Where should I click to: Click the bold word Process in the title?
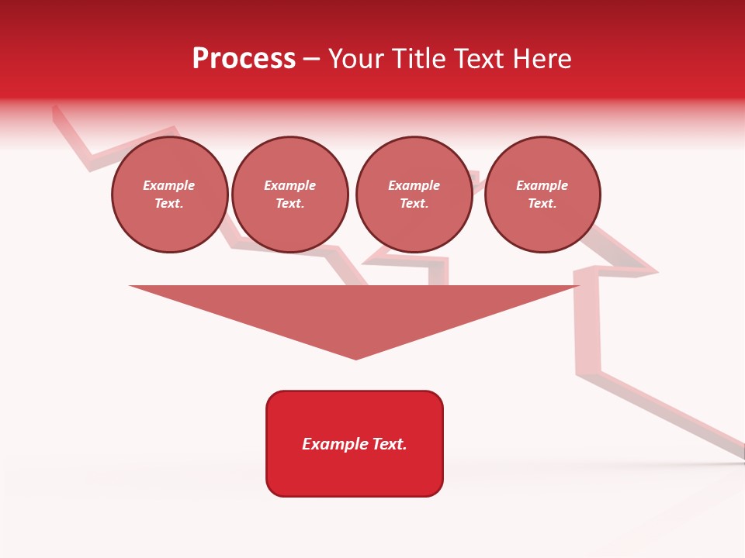click(244, 59)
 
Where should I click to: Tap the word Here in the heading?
click(542, 59)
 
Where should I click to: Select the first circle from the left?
click(169, 195)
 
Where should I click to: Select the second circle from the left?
click(289, 195)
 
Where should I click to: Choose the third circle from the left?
click(414, 195)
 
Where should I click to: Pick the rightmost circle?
click(542, 195)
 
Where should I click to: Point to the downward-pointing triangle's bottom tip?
click(356, 358)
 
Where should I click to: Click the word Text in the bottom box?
click(389, 444)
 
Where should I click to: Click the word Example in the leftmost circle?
click(169, 185)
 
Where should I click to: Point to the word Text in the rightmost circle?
click(542, 204)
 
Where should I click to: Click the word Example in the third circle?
click(414, 185)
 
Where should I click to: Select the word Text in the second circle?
click(289, 204)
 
